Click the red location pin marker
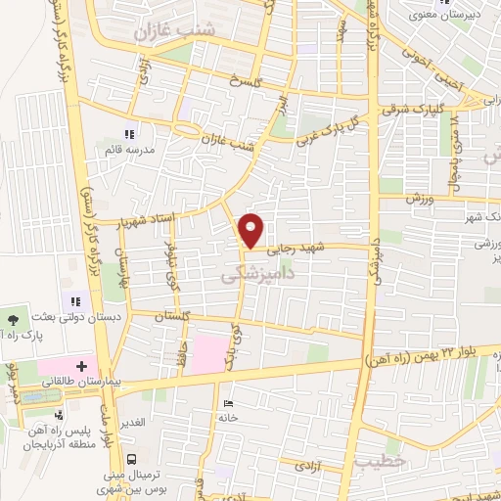pos(251,230)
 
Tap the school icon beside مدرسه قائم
pos(128,134)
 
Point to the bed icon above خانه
pos(228,403)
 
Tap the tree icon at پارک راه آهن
pos(12,319)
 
